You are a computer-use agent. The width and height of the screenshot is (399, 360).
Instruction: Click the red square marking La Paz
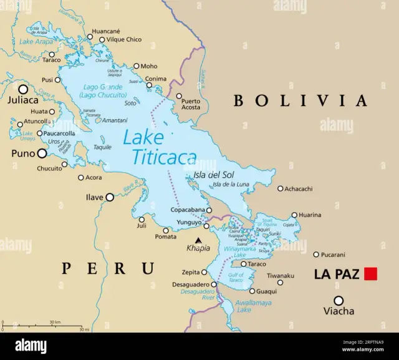click(372, 273)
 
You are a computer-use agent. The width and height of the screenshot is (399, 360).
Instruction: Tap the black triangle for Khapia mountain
click(198, 240)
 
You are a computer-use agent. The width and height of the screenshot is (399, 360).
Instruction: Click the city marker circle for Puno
click(42, 153)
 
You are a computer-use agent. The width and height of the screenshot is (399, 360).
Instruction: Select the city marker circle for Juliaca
click(23, 89)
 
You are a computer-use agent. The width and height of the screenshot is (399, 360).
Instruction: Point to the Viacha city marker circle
click(339, 300)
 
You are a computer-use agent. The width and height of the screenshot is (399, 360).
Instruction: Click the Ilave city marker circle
click(110, 197)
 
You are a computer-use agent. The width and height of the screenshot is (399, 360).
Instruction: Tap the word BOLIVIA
click(300, 100)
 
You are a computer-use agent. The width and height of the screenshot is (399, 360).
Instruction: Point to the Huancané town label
click(106, 31)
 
